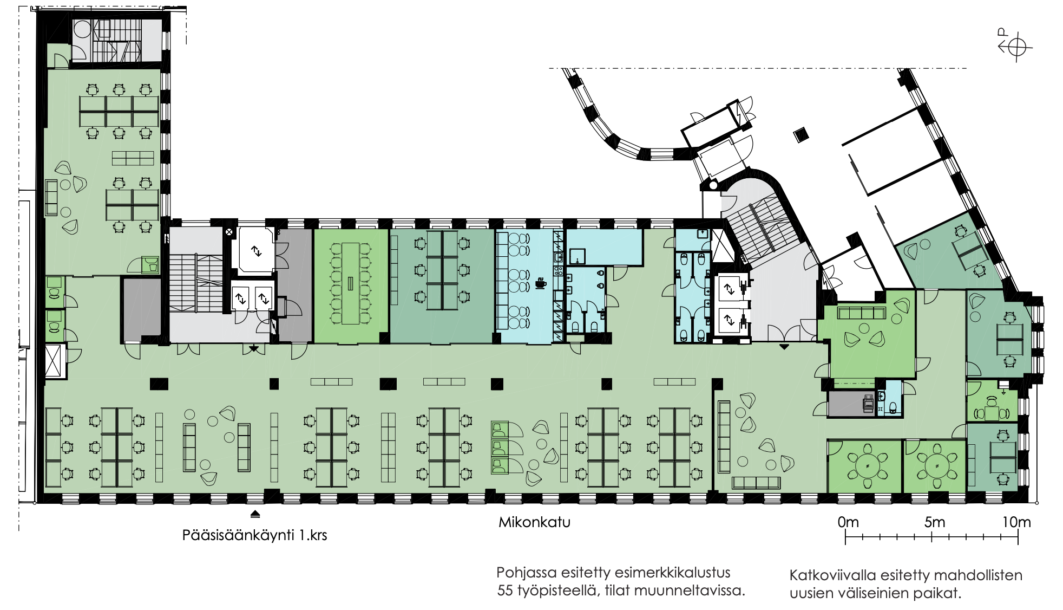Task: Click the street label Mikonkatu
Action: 534,522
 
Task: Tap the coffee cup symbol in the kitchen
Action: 540,283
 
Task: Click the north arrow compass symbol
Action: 1015,47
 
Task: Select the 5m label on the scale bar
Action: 935,522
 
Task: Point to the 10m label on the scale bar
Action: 1016,522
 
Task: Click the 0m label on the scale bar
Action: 848,522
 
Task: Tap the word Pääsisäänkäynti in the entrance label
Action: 238,536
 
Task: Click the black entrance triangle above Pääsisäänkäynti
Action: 255,514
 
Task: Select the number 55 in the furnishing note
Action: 505,590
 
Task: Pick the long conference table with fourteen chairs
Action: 350,284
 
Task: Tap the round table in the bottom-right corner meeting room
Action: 868,466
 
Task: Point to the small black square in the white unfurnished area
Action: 801,134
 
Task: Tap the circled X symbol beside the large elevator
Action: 229,232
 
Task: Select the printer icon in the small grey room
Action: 868,403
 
